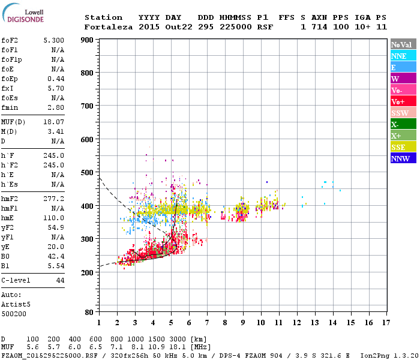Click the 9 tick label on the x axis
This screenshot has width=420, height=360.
point(243,323)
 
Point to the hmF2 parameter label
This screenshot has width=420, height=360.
point(9,199)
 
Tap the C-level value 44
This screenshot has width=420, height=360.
point(60,280)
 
